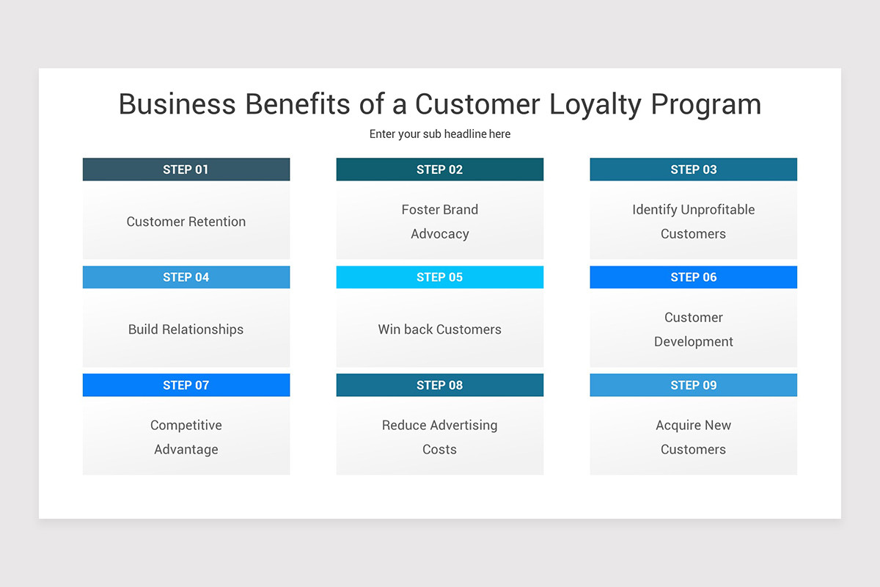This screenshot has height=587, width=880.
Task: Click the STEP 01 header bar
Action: click(x=186, y=169)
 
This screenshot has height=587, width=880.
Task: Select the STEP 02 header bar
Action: click(x=439, y=169)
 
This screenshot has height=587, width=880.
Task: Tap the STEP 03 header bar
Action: click(x=693, y=169)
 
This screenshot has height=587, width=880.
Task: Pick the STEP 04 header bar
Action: click(x=186, y=277)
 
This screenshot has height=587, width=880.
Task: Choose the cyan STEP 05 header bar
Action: click(x=439, y=277)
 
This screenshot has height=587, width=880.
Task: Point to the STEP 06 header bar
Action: click(x=693, y=277)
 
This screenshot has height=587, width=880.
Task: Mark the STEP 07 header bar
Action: click(x=186, y=385)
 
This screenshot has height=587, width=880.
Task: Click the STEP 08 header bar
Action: click(x=439, y=385)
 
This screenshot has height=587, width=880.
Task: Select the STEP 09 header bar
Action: click(x=693, y=385)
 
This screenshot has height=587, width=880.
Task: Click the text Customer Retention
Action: click(x=186, y=222)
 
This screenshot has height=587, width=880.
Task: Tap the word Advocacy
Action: click(x=439, y=234)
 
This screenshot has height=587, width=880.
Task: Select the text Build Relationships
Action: click(x=186, y=329)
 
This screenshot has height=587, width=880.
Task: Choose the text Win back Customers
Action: click(x=439, y=329)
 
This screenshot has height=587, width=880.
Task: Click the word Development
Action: click(x=693, y=342)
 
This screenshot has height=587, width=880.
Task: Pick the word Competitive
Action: click(x=186, y=426)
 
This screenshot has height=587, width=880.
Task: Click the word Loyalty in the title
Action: click(x=584, y=105)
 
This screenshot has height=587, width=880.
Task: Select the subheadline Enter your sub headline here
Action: click(x=439, y=134)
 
